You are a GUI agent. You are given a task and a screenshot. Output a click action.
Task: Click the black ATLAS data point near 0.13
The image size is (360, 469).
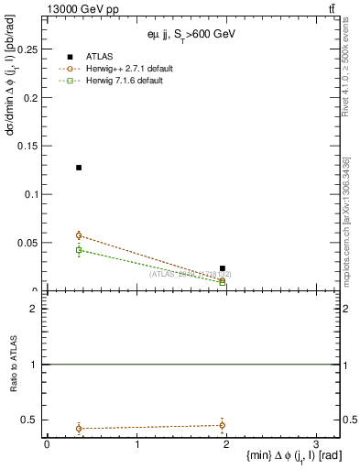coord(79,168)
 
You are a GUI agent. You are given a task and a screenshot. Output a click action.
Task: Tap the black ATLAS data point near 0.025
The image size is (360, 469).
coord(223,268)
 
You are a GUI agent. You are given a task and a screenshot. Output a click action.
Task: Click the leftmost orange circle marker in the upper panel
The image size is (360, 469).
coord(79,235)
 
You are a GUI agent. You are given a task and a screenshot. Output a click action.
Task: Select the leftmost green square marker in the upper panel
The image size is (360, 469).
coord(79,250)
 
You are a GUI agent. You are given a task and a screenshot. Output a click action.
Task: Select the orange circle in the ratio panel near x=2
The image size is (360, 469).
coord(223,425)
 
